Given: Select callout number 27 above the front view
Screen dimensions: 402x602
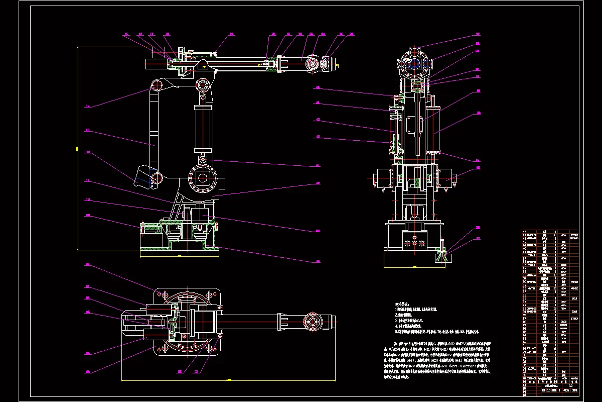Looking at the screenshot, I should pyautogui.click(x=478, y=35).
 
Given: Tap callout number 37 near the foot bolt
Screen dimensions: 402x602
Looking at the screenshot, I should pyautogui.click(x=478, y=238).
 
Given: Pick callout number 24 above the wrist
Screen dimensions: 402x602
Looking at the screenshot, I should pyautogui.click(x=324, y=35).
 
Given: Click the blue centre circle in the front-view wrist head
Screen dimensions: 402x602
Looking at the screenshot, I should pyautogui.click(x=414, y=64).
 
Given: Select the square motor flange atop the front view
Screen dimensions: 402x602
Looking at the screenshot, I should pyautogui.click(x=415, y=52).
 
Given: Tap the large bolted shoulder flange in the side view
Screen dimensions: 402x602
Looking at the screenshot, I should pyautogui.click(x=203, y=177).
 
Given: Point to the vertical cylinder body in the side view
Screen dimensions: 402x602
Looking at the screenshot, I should pyautogui.click(x=203, y=128).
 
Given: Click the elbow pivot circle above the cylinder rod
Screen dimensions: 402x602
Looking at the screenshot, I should pyautogui.click(x=203, y=84).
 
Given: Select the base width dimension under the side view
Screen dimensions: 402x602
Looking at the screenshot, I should pyautogui.click(x=179, y=256).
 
